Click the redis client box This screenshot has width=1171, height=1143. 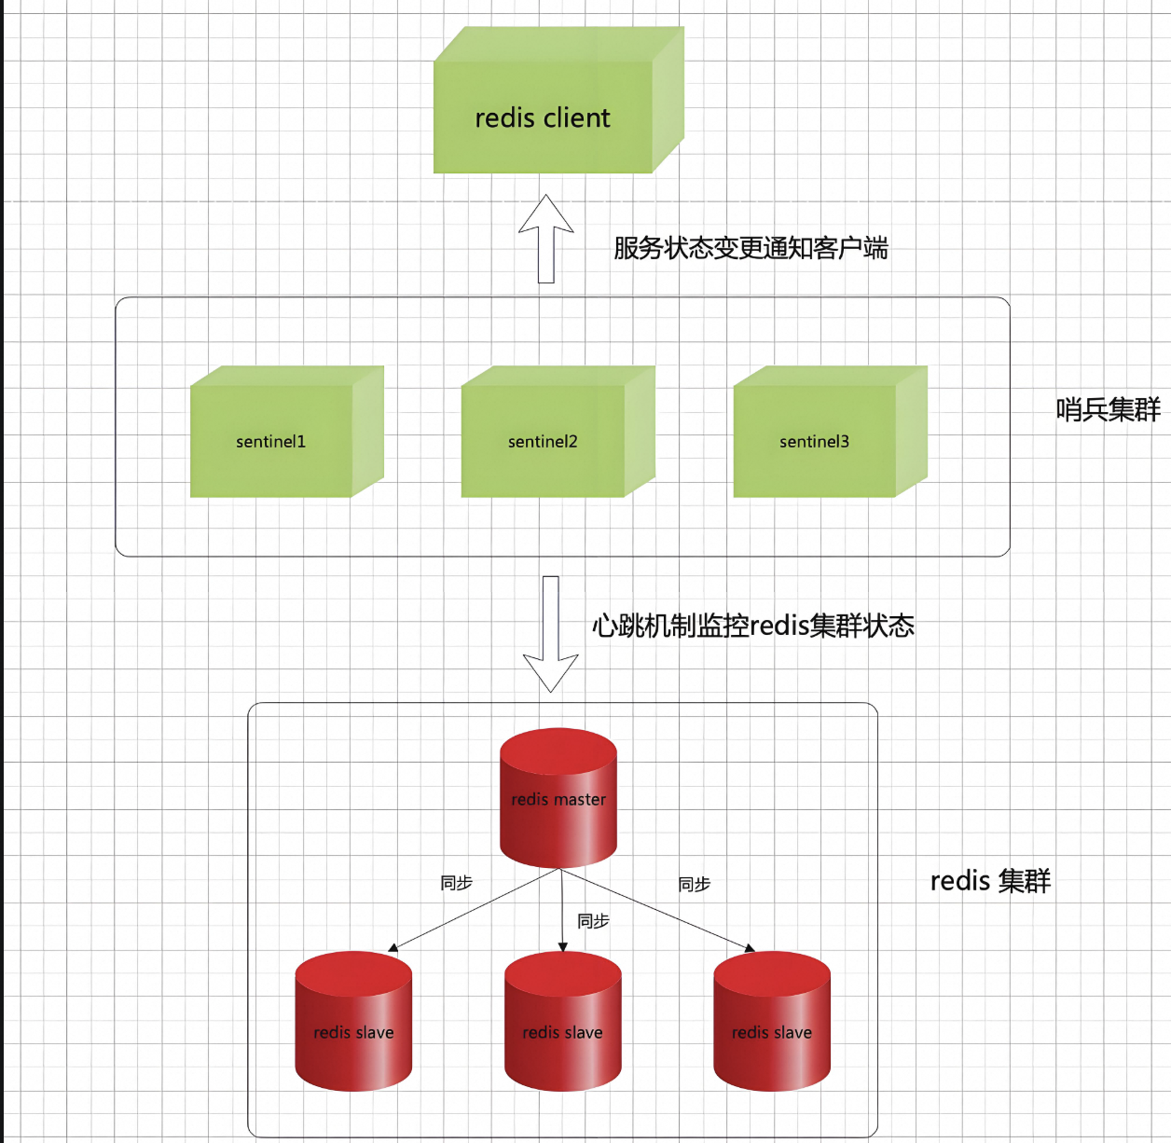point(544,117)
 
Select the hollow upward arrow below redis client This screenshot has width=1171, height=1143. point(546,239)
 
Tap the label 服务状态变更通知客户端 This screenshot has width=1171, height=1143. point(751,248)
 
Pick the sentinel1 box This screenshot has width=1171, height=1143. point(271,441)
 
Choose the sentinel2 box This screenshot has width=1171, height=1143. point(543,441)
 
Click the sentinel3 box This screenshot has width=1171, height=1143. point(815,441)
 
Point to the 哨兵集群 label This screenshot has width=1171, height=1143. point(1108,409)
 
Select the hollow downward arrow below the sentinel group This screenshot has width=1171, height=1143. point(551,634)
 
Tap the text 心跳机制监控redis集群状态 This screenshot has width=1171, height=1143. point(752,626)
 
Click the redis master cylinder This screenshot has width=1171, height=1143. point(558,799)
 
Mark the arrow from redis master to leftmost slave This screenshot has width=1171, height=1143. point(474,910)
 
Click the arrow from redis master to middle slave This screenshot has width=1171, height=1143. point(562,909)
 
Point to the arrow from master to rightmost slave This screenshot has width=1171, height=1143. point(657,910)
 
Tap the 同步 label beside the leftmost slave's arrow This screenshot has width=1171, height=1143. point(456,883)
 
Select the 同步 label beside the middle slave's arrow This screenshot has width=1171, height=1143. point(593,921)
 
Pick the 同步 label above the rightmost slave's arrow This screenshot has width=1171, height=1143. point(694,884)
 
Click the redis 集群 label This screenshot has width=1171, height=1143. point(990,881)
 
